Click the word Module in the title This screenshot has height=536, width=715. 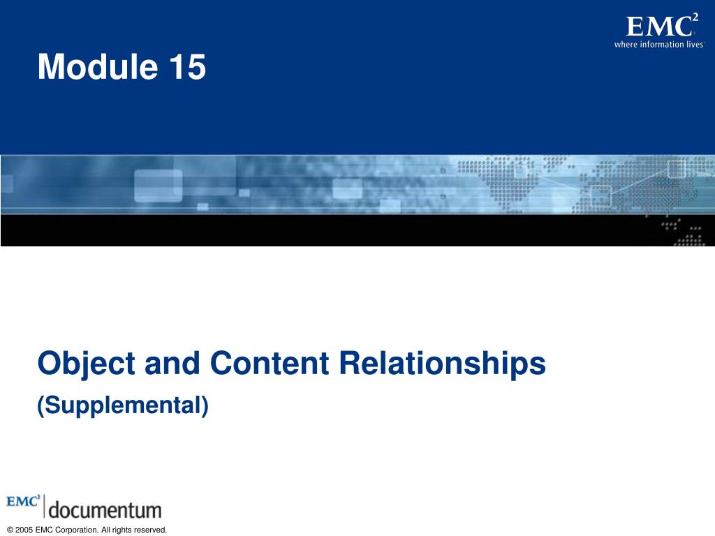(98, 66)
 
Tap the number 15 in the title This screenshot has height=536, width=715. (188, 66)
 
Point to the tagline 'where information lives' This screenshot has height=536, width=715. (659, 44)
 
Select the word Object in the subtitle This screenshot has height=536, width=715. (86, 364)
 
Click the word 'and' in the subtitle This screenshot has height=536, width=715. (172, 363)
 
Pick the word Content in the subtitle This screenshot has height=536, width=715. (270, 363)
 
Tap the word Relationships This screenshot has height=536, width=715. (442, 364)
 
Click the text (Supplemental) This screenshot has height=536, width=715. (123, 405)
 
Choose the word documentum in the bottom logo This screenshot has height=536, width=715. (105, 510)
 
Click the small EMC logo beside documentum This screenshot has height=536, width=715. (23, 501)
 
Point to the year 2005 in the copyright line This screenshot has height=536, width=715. (24, 530)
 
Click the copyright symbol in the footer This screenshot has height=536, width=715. (10, 530)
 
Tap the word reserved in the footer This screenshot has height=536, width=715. (150, 530)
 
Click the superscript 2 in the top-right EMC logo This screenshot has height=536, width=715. (695, 17)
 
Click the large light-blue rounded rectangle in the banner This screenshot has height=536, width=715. (158, 186)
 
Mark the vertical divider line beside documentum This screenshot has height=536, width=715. (44, 506)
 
